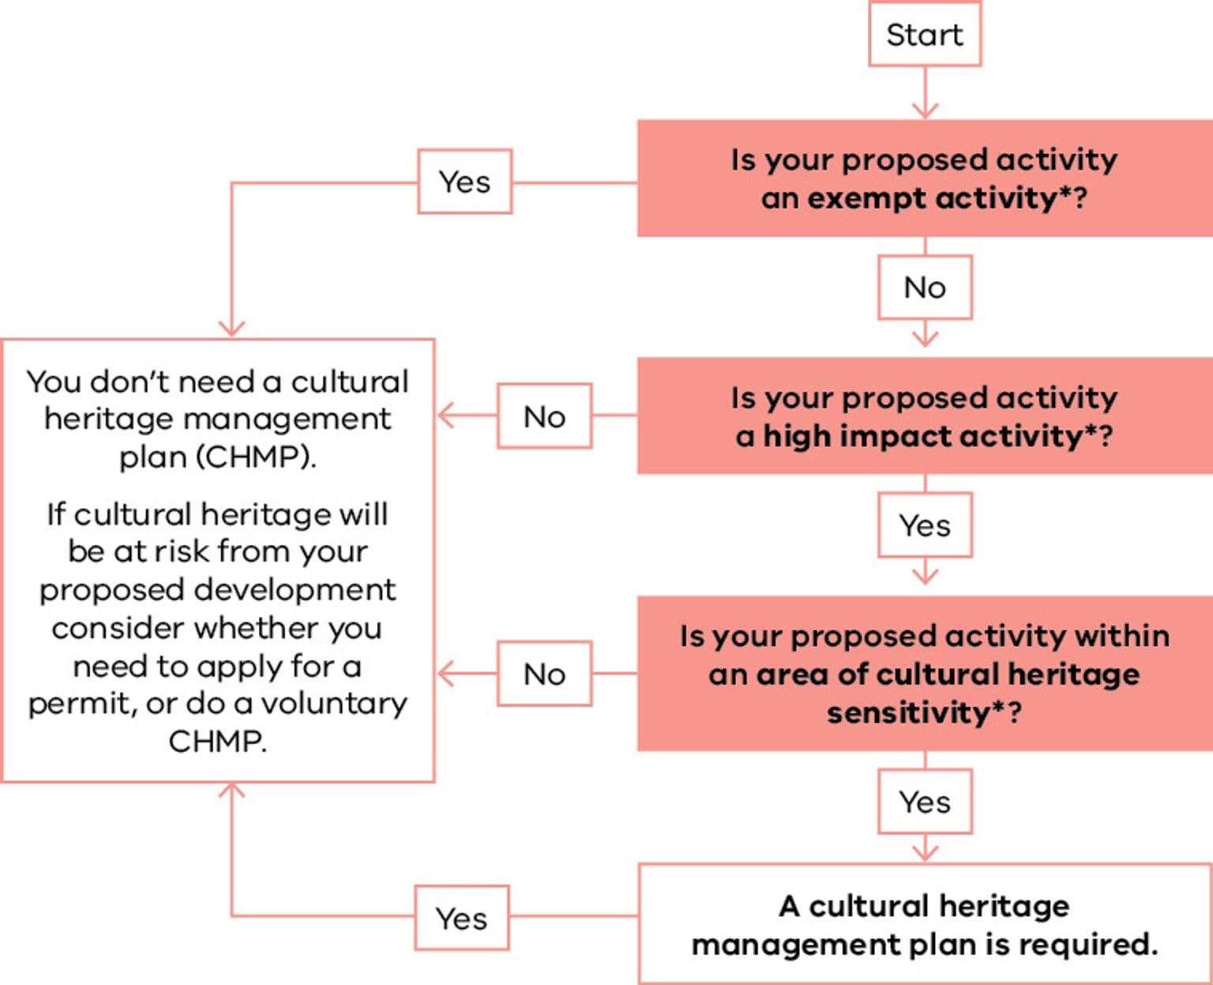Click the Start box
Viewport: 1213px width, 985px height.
(x=925, y=35)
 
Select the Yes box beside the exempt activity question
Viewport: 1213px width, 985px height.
(x=464, y=182)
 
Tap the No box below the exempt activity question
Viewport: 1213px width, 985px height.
(x=925, y=287)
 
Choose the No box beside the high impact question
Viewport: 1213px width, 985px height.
(x=544, y=416)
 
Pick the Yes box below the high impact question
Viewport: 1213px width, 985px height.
(x=925, y=525)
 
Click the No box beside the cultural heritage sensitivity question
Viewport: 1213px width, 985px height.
(x=544, y=674)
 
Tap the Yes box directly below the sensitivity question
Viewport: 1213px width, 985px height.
(x=925, y=802)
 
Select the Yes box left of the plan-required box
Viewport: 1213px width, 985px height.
(x=462, y=918)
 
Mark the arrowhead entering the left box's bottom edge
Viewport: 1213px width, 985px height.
(x=231, y=791)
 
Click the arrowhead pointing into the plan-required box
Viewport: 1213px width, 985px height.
(x=925, y=853)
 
